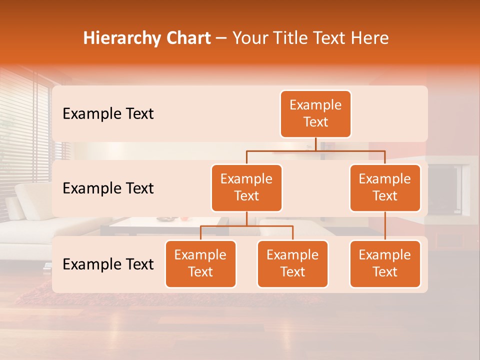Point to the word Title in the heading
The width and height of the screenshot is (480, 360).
[x=298, y=38]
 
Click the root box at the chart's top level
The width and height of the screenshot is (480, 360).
[x=315, y=113]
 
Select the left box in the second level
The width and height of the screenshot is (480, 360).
[x=246, y=187]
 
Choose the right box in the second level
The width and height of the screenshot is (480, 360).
[x=385, y=187]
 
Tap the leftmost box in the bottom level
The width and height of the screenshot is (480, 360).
[x=200, y=263]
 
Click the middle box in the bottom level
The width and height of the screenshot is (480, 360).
[x=292, y=263]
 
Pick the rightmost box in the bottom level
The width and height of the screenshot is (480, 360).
[x=385, y=263]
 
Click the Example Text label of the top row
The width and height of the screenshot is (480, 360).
[x=108, y=114]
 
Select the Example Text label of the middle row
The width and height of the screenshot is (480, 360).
[x=108, y=188]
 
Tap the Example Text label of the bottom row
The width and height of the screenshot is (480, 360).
[x=108, y=264]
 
